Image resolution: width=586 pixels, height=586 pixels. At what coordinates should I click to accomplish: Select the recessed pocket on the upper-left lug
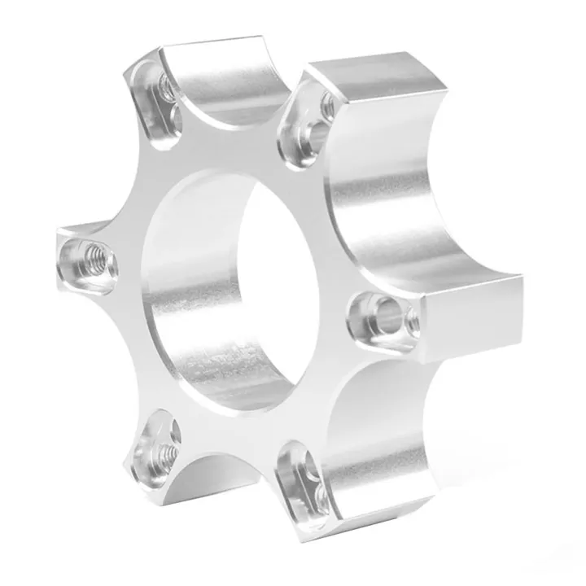pos(156,97)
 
